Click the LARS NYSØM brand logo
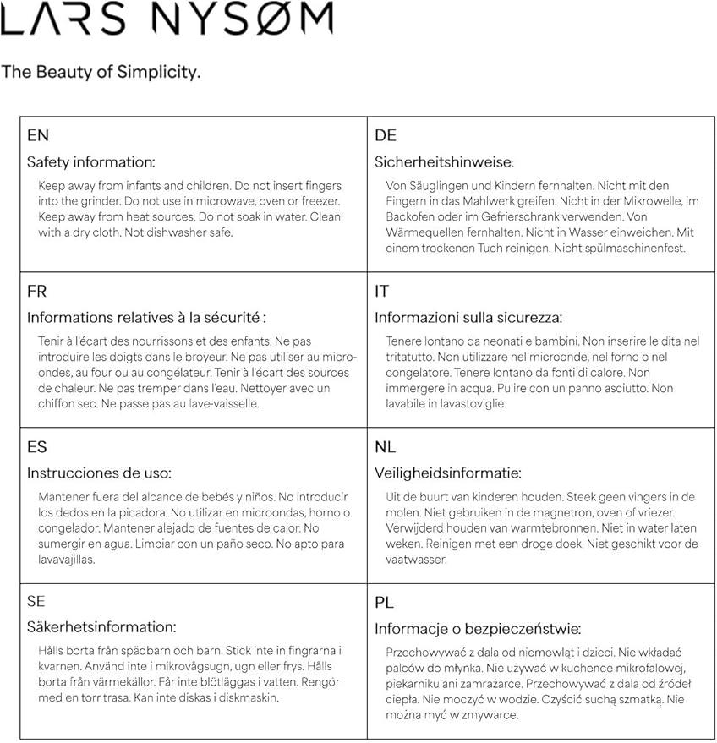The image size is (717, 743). point(167,19)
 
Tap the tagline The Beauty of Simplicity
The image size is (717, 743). point(101,72)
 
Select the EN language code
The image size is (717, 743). point(38,135)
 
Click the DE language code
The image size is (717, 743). point(386,135)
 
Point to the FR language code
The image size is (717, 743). point(37,292)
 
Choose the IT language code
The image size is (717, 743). point(382,292)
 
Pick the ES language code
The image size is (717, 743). point(37,447)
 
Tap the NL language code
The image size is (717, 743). point(386,447)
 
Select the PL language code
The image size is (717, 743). point(385,603)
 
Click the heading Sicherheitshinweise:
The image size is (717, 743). point(444,162)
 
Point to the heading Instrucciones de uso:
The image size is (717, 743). point(99,473)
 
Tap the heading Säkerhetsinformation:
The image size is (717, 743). point(101,627)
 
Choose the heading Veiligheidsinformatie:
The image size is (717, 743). point(448,473)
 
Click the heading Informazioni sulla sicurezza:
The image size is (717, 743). point(468,318)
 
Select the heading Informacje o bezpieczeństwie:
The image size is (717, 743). point(478,629)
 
